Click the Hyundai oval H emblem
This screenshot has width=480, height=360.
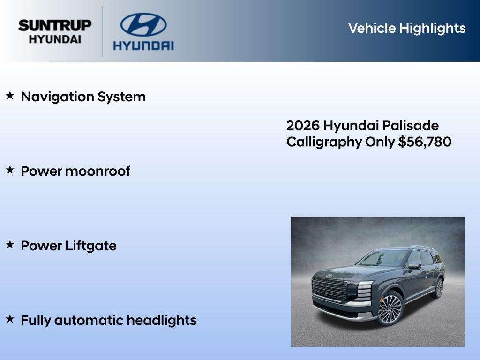pyautogui.click(x=143, y=24)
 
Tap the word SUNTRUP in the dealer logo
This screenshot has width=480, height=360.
pyautogui.click(x=55, y=25)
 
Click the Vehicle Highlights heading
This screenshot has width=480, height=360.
pyautogui.click(x=407, y=28)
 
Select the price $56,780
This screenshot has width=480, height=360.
pyautogui.click(x=425, y=142)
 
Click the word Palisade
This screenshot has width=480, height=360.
pyautogui.click(x=411, y=126)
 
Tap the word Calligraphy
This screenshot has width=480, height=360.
pyautogui.click(x=324, y=142)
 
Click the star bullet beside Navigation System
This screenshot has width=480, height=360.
pyautogui.click(x=10, y=96)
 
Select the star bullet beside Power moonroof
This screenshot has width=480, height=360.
pyautogui.click(x=10, y=170)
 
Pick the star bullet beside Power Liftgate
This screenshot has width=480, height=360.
pyautogui.click(x=10, y=245)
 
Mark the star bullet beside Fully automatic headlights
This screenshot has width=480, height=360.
pyautogui.click(x=10, y=319)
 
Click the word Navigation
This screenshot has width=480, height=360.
pyautogui.click(x=57, y=97)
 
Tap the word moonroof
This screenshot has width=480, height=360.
pyautogui.click(x=98, y=171)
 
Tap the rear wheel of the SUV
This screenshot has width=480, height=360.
pyautogui.click(x=439, y=287)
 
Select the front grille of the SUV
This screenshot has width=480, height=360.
pyautogui.click(x=330, y=288)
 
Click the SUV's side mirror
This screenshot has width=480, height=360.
pyautogui.click(x=414, y=266)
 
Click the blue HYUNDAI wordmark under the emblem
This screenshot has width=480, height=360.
pyautogui.click(x=143, y=45)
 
